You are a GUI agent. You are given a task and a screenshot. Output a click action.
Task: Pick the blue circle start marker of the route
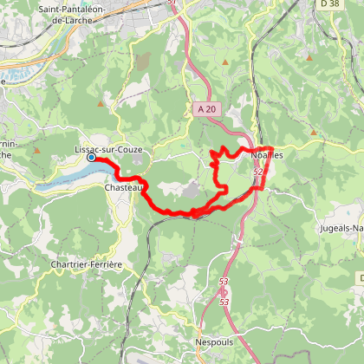[91, 157]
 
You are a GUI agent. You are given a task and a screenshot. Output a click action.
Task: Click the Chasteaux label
[122, 187]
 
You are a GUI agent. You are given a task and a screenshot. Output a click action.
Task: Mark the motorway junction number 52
[257, 173]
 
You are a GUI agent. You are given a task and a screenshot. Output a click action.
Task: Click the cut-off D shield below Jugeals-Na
[359, 277]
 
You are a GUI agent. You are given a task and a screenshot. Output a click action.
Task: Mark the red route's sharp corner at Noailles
[270, 148]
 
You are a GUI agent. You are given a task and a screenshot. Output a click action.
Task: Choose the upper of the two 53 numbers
[224, 283]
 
